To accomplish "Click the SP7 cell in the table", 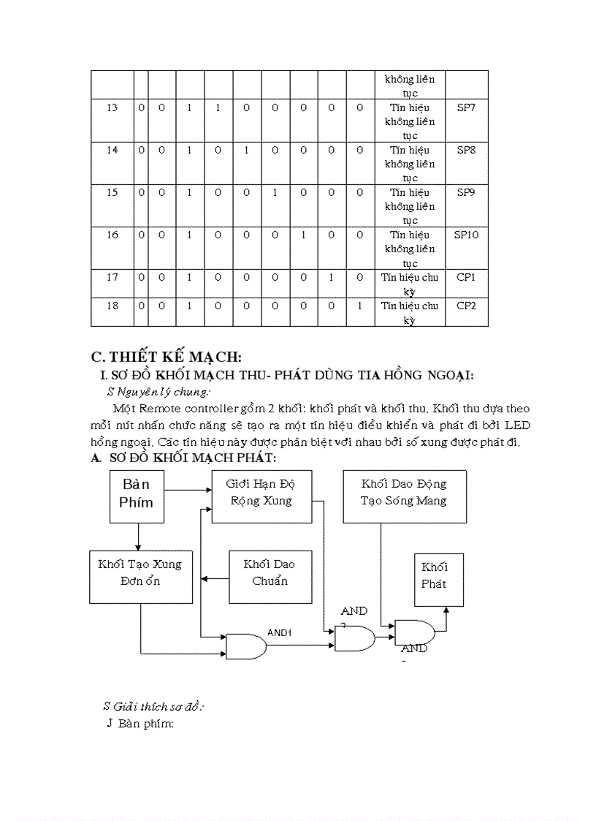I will [466, 107].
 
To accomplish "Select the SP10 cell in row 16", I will [466, 235].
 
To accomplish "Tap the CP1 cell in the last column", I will [466, 277].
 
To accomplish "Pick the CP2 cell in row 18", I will [466, 306].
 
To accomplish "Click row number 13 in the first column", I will [112, 107].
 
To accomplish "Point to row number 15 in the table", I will [112, 192].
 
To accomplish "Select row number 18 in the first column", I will [112, 306].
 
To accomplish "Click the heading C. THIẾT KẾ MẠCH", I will [166, 357].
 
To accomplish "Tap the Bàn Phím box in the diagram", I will [137, 496].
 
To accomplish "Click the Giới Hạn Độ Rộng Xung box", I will [261, 496].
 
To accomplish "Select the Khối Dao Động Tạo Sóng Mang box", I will [404, 496].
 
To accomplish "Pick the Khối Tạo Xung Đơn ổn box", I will [140, 576].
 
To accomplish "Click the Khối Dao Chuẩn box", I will [270, 576].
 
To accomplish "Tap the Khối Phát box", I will [438, 579].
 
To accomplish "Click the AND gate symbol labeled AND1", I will [245, 646].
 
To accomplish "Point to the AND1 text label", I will [279, 632].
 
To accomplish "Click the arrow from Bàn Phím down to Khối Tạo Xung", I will [137, 537].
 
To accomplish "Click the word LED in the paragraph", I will [516, 425].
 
